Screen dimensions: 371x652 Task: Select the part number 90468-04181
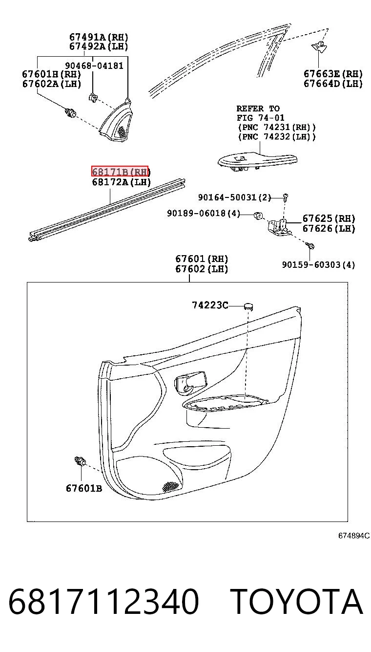[94, 66]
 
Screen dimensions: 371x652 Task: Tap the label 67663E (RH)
[333, 74]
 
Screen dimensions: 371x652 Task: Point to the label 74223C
[210, 305]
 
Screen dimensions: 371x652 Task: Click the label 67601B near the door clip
[84, 488]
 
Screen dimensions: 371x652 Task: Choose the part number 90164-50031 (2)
[234, 197]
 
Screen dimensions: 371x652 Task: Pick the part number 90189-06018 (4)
[204, 214]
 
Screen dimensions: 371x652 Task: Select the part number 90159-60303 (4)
[318, 264]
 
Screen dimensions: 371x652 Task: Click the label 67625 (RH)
[329, 218]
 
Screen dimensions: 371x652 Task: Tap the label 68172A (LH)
[121, 182]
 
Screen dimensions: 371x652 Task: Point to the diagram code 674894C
[354, 536]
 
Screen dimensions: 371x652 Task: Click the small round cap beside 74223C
[248, 306]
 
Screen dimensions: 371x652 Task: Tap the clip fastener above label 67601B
[80, 461]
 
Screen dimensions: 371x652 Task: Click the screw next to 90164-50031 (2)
[285, 197]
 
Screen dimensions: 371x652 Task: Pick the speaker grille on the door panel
[170, 486]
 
